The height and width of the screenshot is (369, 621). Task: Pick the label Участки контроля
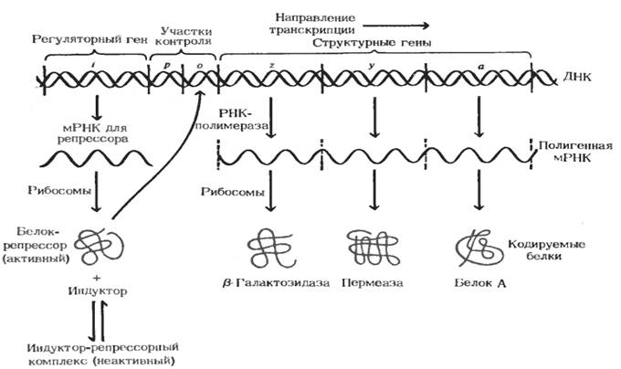(184, 35)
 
